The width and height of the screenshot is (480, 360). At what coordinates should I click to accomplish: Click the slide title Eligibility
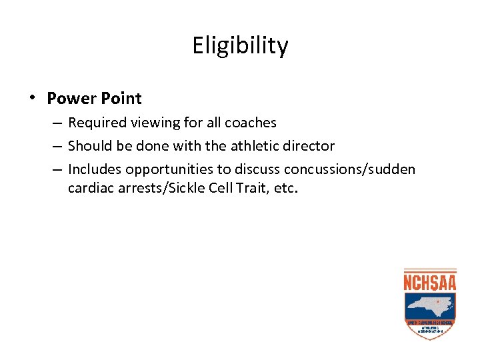(x=240, y=46)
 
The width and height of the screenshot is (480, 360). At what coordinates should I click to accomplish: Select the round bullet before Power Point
(x=31, y=97)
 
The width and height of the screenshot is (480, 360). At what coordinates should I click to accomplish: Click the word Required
(x=96, y=123)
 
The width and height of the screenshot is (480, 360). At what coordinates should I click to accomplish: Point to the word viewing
(x=153, y=123)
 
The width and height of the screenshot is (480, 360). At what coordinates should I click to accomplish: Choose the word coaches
(x=251, y=123)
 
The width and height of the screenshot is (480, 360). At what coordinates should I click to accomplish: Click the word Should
(x=89, y=145)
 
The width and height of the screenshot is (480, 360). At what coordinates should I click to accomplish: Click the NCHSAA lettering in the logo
(x=430, y=282)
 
